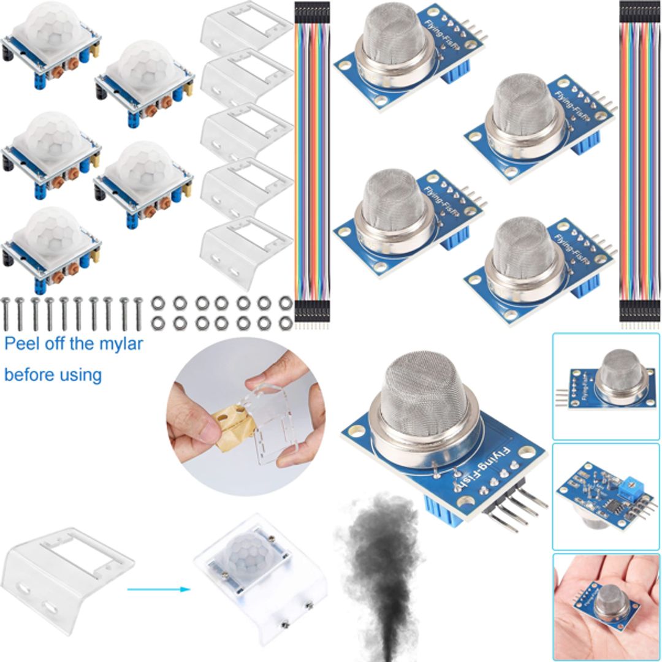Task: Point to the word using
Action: pyautogui.click(x=79, y=375)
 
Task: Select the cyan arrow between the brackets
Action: pyautogui.click(x=156, y=590)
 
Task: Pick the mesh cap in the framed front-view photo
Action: pyautogui.click(x=620, y=371)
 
